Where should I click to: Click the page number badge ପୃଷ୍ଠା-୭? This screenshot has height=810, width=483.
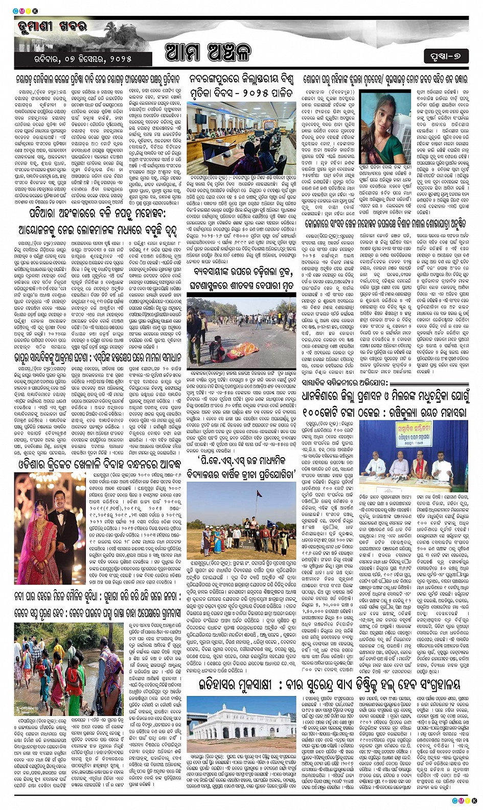[x=446, y=56]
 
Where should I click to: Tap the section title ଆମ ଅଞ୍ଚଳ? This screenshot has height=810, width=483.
[x=208, y=52]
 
